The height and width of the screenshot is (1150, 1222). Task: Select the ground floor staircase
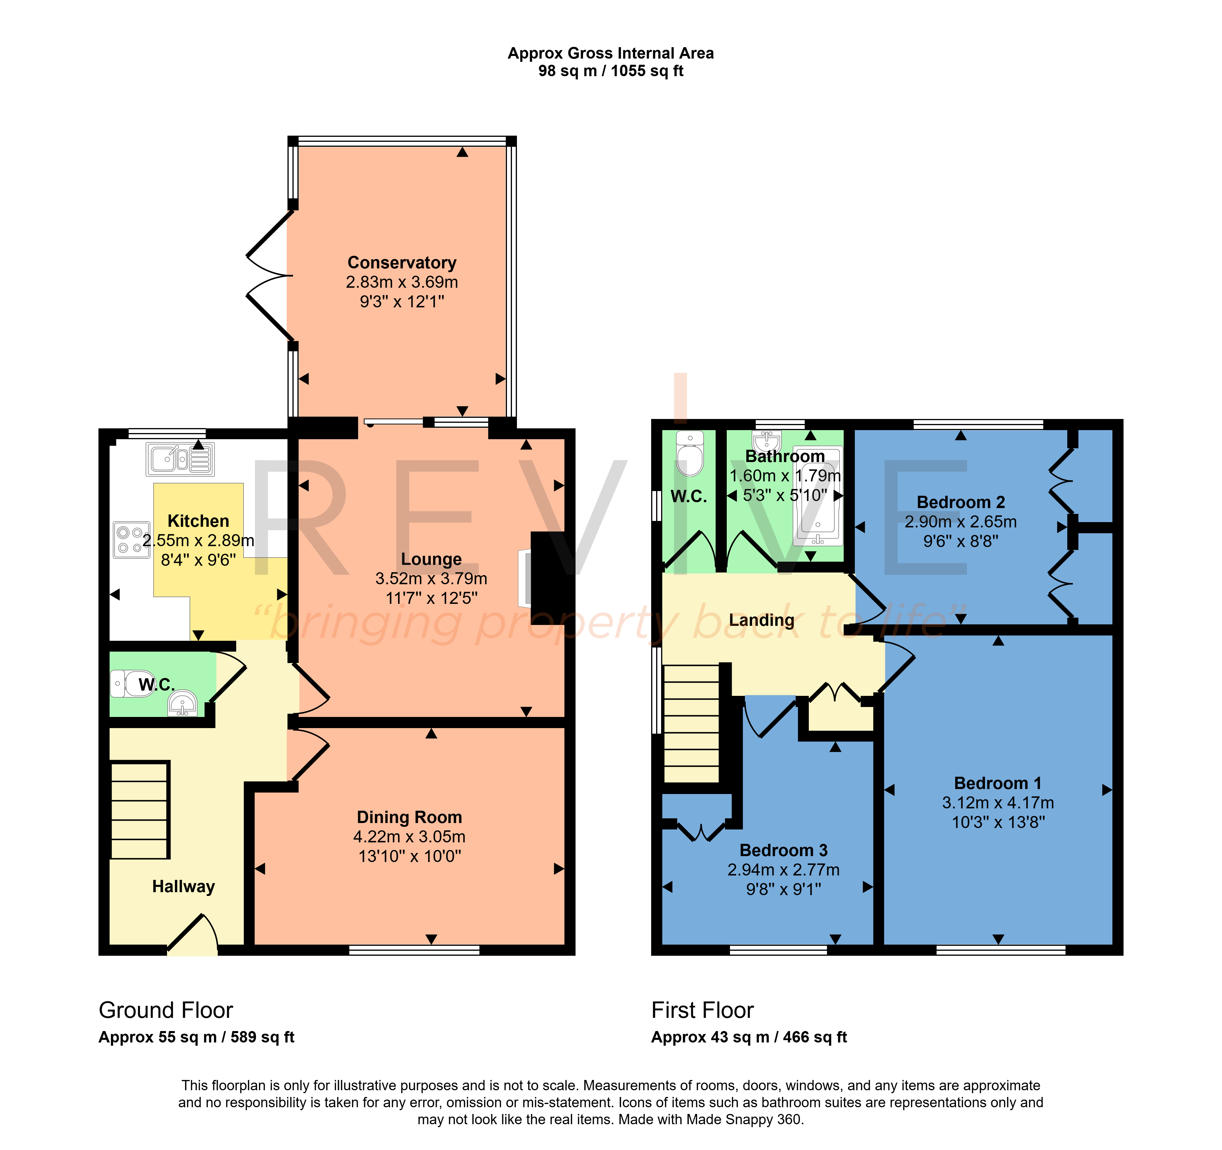pyautogui.click(x=139, y=810)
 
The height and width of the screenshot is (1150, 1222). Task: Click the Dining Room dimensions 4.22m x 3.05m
pyautogui.click(x=409, y=836)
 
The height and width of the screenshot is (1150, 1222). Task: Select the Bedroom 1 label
pyautogui.click(x=998, y=783)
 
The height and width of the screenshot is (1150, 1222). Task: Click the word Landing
pyautogui.click(x=762, y=620)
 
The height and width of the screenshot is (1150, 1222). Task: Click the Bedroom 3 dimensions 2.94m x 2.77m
pyautogui.click(x=784, y=870)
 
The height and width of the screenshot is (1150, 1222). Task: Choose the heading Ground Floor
pyautogui.click(x=166, y=1011)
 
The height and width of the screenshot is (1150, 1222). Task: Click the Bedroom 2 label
pyautogui.click(x=961, y=502)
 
